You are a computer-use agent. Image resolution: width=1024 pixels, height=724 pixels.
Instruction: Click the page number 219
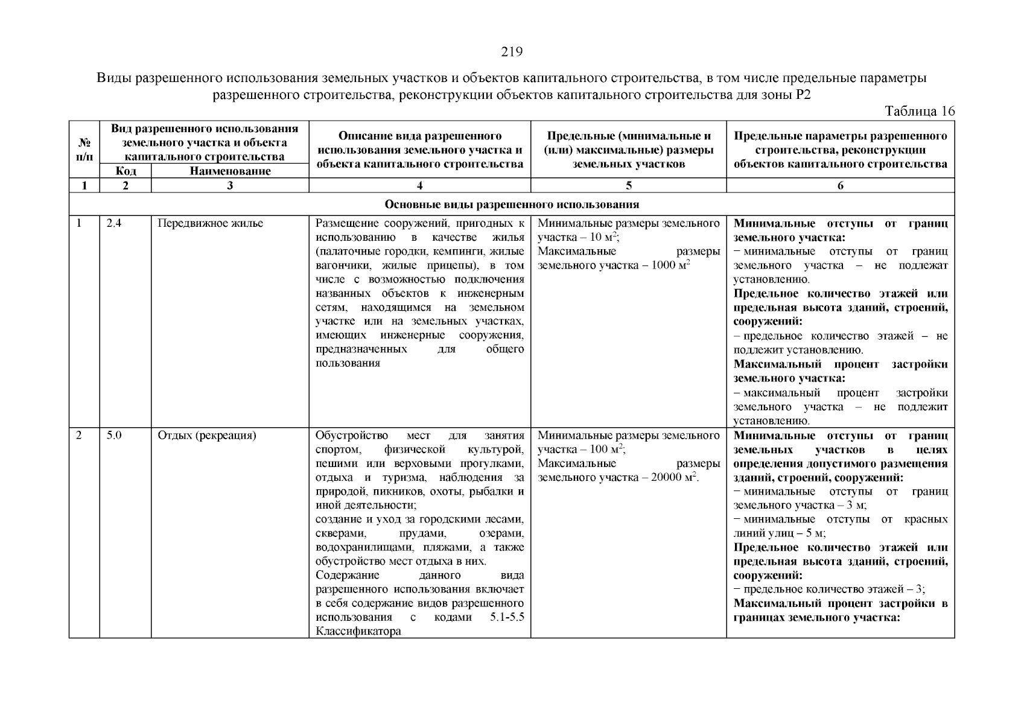tap(512, 52)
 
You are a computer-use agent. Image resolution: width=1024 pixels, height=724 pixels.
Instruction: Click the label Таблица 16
tap(920, 111)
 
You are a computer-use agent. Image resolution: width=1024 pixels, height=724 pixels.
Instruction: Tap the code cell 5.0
tap(114, 435)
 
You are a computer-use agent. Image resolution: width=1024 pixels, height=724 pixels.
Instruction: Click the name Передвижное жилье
tap(211, 224)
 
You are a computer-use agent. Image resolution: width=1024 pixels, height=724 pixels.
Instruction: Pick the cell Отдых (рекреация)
tap(207, 435)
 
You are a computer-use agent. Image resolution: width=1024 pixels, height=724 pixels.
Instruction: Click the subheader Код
tap(126, 171)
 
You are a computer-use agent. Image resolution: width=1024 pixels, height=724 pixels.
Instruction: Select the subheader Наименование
tap(230, 171)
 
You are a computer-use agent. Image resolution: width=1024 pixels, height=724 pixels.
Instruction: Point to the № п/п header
tap(84, 150)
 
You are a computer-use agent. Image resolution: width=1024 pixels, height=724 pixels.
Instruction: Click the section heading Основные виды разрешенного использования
tap(512, 205)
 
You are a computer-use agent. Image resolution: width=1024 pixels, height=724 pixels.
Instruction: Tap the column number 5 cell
tap(628, 186)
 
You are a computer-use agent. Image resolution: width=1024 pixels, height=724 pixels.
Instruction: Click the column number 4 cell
tap(419, 186)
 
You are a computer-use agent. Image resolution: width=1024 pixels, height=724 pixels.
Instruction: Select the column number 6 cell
tap(840, 186)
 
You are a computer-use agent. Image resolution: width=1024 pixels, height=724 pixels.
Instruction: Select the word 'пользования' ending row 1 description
tap(348, 363)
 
